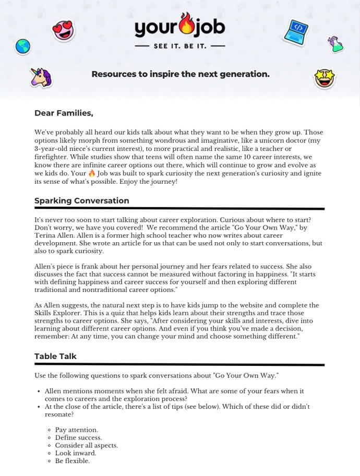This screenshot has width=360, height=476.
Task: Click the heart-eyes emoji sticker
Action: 64,31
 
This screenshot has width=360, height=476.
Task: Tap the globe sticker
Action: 23,46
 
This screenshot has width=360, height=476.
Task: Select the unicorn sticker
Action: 41,77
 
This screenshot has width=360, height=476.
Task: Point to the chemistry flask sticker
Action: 335,44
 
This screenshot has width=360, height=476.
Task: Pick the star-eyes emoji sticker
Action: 324,78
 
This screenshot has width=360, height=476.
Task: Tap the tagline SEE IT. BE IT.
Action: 180,46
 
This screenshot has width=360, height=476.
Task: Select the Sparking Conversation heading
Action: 82,200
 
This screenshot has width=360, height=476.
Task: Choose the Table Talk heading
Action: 55,356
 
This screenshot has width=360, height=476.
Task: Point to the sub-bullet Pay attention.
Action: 77,430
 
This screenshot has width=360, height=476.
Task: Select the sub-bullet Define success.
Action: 79,437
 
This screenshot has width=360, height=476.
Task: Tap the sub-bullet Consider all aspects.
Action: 87,445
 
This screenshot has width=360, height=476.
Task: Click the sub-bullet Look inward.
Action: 76,453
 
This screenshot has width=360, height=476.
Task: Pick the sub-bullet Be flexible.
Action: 73,461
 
